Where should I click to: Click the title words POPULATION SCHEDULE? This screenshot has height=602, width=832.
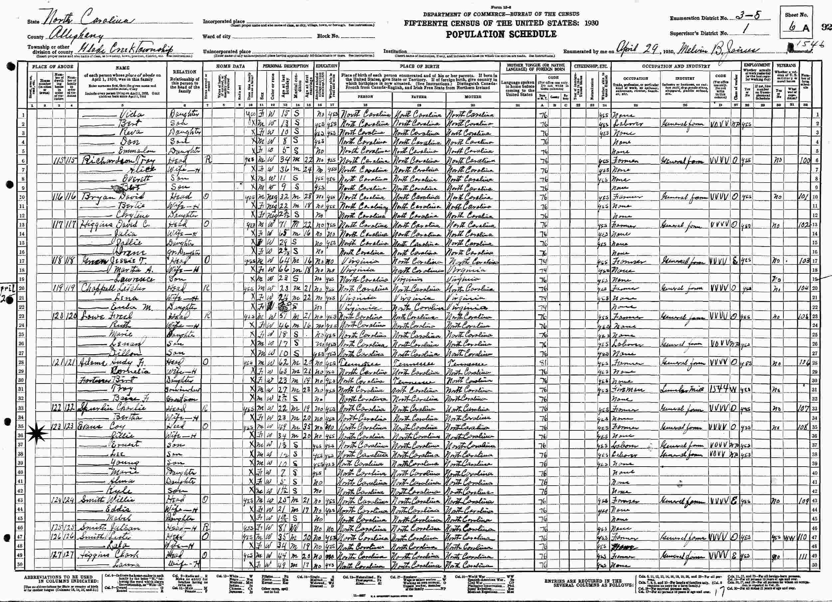pyautogui.click(x=501, y=35)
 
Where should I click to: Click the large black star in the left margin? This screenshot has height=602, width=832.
pyautogui.click(x=39, y=432)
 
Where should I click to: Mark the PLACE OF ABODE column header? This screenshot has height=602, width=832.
pyautogui.click(x=53, y=67)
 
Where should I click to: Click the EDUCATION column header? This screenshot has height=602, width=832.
pyautogui.click(x=326, y=67)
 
